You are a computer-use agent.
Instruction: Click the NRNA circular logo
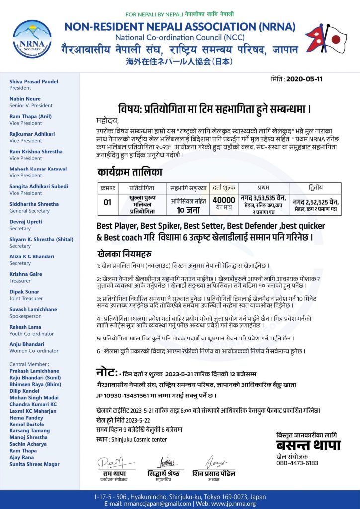[32, 38]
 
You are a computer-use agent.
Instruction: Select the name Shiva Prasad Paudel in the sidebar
[34, 81]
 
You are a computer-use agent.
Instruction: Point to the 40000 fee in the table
[224, 200]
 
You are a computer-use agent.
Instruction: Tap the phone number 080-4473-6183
[297, 463]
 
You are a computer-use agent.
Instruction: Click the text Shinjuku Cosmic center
[139, 439]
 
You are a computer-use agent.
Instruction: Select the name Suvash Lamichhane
[33, 309]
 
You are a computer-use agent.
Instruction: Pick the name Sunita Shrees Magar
[35, 464]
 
